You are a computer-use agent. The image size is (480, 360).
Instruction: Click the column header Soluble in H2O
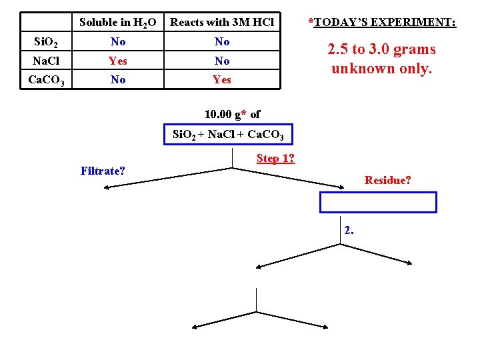117,23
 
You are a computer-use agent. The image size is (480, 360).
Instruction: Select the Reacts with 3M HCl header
222,23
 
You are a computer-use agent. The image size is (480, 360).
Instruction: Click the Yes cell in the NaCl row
118,61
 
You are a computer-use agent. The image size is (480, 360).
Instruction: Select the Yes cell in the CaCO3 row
222,80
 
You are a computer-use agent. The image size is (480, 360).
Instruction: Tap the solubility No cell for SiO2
118,42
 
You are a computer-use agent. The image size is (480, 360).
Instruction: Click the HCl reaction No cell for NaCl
222,61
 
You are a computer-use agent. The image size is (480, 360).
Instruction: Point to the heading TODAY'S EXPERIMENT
382,23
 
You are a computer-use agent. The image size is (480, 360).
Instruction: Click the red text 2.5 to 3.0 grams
381,49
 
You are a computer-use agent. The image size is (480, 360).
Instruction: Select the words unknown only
381,68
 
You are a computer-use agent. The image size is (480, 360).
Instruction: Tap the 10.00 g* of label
232,115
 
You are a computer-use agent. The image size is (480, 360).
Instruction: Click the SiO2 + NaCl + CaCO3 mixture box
229,135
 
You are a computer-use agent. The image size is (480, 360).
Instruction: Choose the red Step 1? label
275,159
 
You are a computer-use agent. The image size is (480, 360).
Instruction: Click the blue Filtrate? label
103,171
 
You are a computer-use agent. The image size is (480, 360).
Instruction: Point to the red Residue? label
387,180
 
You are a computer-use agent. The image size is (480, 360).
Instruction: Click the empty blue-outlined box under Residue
378,202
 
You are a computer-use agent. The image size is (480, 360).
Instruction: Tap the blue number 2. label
349,231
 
